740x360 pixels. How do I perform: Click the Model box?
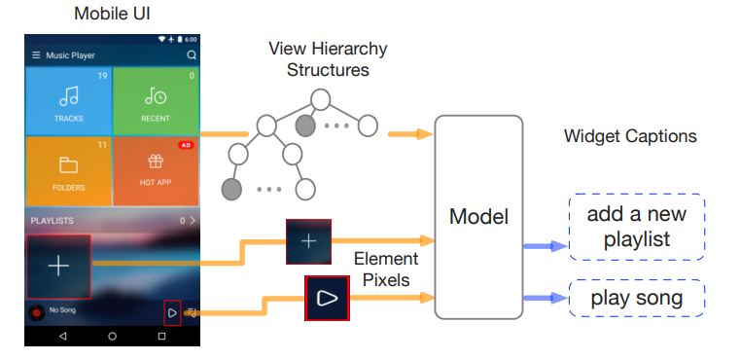click(x=478, y=217)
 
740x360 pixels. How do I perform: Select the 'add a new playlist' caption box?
click(x=635, y=227)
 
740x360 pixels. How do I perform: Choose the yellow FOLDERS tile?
click(x=68, y=170)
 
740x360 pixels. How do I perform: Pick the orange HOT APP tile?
click(x=156, y=170)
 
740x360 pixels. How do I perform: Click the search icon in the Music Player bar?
click(x=192, y=55)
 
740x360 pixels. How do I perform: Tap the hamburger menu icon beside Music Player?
click(x=36, y=55)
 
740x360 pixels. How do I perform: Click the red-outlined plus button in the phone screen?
click(x=58, y=266)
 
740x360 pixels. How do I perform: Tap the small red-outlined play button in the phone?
click(x=172, y=312)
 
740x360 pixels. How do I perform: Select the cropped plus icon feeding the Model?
click(x=308, y=241)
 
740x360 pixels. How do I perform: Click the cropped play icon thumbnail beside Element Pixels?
click(x=328, y=298)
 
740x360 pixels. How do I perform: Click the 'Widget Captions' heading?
click(x=630, y=136)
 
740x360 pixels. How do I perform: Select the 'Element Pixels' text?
click(x=386, y=270)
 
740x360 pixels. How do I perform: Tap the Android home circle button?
click(x=112, y=336)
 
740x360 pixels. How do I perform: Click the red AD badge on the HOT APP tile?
click(x=185, y=145)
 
